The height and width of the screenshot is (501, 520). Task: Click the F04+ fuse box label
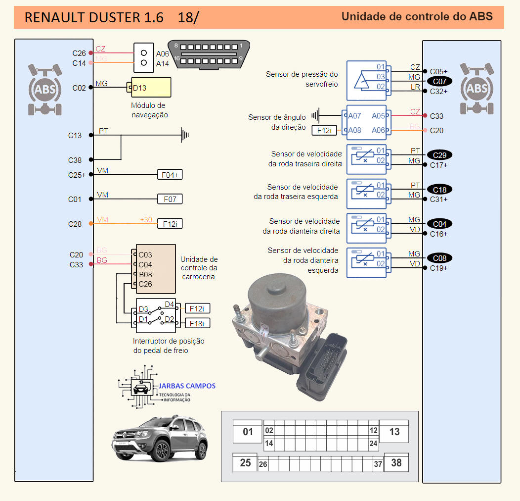click(170, 175)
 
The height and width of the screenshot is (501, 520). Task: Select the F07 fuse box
click(170, 199)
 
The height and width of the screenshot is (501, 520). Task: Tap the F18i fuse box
click(197, 323)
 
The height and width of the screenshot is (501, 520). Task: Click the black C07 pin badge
click(439, 81)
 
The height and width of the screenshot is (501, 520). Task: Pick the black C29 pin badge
click(439, 155)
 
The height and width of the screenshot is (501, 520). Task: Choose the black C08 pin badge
click(439, 258)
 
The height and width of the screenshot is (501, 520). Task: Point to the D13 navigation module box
click(151, 88)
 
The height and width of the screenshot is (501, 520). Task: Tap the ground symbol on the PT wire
click(185, 135)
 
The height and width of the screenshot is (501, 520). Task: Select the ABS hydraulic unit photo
click(287, 327)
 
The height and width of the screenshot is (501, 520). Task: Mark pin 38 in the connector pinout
click(396, 463)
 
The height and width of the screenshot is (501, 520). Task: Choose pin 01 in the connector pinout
click(248, 432)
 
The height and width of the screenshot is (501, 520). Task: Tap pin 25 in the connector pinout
click(245, 463)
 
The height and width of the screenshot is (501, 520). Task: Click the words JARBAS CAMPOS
click(187, 386)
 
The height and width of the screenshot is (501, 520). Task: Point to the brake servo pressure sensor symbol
click(366, 77)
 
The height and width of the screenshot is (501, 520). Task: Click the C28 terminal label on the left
click(75, 224)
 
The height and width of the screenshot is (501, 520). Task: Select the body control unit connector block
click(156, 269)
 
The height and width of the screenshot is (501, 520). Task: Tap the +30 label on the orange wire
click(146, 220)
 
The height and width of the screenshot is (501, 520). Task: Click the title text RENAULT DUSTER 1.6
click(94, 17)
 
